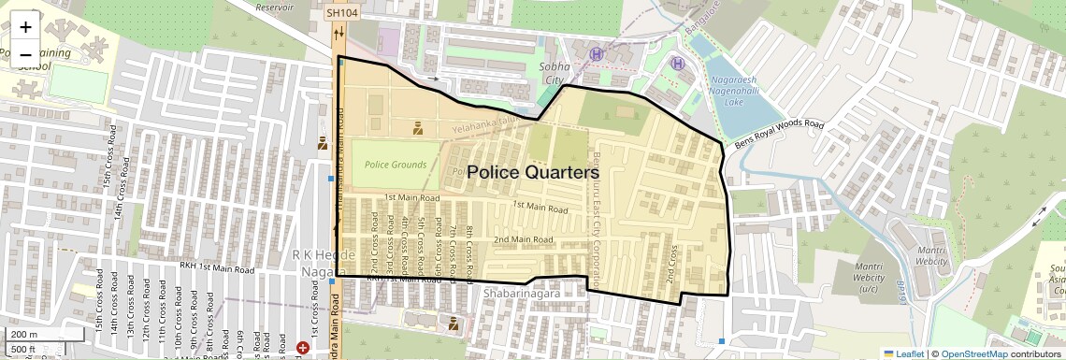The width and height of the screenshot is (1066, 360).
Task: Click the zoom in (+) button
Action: [25, 27]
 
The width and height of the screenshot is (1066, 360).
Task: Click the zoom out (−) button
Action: [25, 54]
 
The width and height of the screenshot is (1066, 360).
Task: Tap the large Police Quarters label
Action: [531, 173]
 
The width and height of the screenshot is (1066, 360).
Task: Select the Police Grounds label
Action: [395, 165]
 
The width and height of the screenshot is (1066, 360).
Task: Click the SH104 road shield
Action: [341, 13]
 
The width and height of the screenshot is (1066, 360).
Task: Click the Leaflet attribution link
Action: [903, 353]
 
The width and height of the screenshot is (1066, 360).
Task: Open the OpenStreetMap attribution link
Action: [974, 353]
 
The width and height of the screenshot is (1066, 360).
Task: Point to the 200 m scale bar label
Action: [24, 335]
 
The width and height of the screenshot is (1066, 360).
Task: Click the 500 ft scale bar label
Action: [24, 349]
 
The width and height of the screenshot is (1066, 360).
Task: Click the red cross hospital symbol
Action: [302, 348]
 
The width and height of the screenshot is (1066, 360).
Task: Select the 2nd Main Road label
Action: [523, 239]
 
